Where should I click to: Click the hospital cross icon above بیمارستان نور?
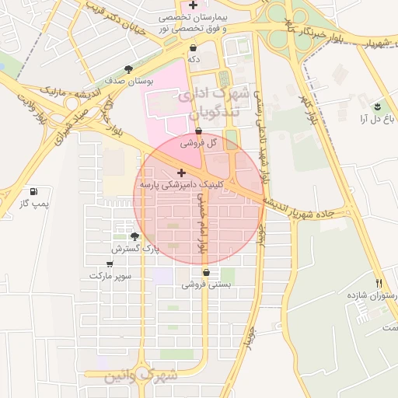tap(193, 5)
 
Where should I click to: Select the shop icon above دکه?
tap(193, 47)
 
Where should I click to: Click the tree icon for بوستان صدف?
tap(128, 69)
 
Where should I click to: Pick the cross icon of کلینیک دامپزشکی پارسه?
tap(182, 173)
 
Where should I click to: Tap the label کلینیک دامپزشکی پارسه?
tap(182, 187)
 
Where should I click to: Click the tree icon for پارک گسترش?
tap(135, 236)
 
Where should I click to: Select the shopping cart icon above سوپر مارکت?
tap(110, 264)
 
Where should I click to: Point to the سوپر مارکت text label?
tap(110, 276)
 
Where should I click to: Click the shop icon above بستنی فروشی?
tap(206, 273)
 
